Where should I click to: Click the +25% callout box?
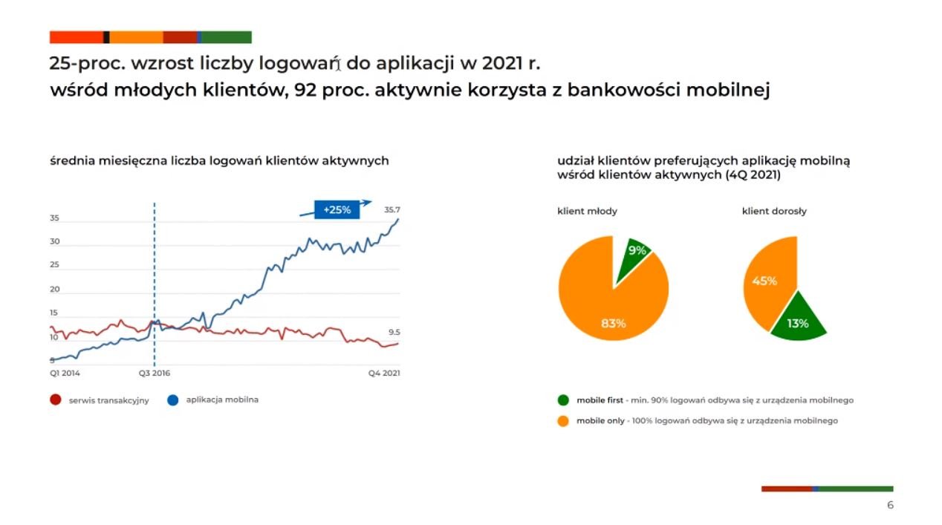pos(337,209)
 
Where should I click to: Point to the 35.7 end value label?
pos(392,209)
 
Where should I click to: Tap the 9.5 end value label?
pos(394,332)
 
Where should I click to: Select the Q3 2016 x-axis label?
pos(155,373)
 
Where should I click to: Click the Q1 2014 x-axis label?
pos(65,373)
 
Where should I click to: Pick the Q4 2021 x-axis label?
pos(384,373)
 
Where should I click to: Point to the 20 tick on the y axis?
pos(55,289)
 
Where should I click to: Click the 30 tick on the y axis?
pos(55,241)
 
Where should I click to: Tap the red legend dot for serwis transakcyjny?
pos(56,400)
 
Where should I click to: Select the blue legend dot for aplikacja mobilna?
pos(173,400)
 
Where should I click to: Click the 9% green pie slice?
pos(634,257)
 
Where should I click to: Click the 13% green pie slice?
pos(798,320)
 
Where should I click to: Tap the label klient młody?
pos(587,211)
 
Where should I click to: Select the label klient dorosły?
pos(774,211)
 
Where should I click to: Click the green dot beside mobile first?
pos(563,400)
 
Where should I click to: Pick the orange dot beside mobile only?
pos(563,421)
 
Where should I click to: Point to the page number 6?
pos(890,505)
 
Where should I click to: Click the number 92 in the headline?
pos(305,90)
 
